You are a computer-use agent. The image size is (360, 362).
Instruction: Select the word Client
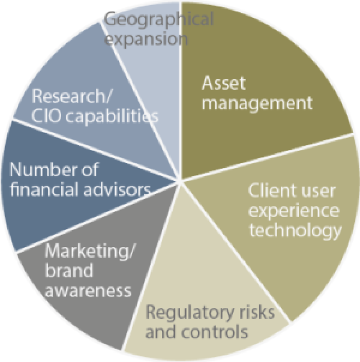(x=266, y=191)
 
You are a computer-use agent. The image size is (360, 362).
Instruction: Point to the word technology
(x=295, y=231)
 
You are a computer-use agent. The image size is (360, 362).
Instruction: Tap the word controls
(x=215, y=331)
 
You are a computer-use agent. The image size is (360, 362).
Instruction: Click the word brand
(x=69, y=270)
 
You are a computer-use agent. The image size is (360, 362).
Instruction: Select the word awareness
(x=88, y=290)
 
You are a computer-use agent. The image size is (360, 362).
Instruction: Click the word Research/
(x=72, y=96)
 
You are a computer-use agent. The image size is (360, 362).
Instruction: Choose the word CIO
(x=46, y=116)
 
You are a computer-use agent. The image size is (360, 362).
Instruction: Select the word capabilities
(x=112, y=116)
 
